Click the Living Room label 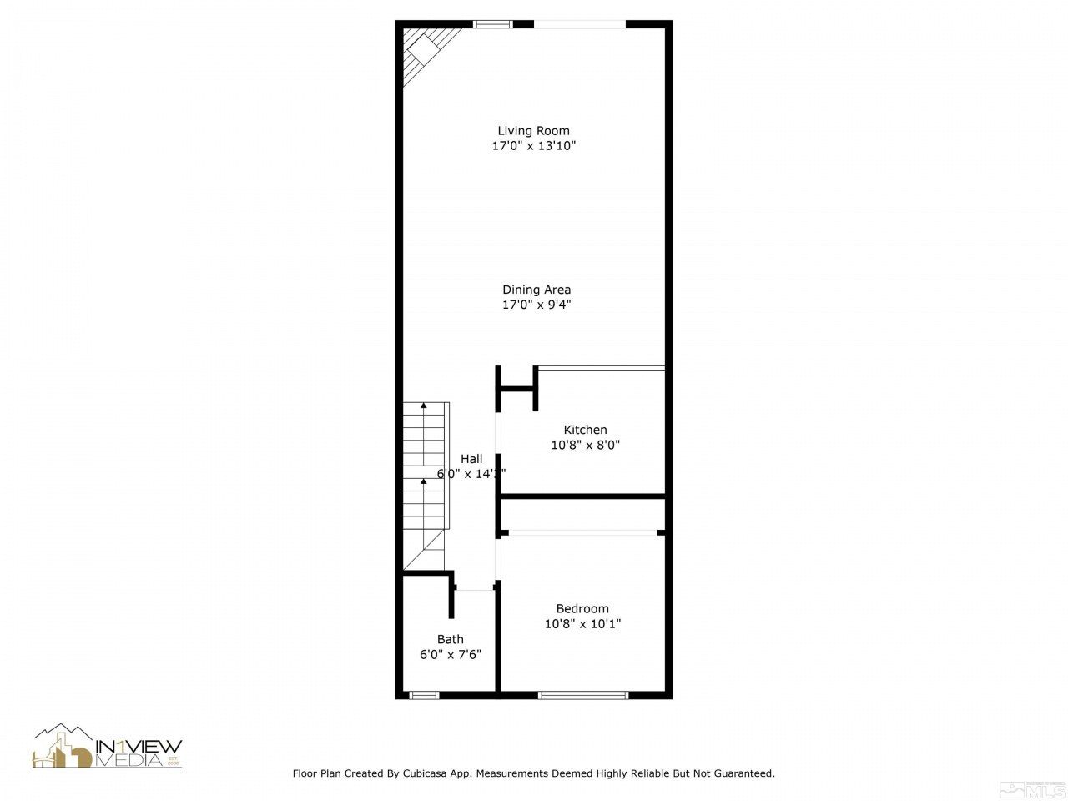(533, 130)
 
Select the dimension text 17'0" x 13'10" (533, 146)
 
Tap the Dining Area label (536, 290)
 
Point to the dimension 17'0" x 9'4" (536, 305)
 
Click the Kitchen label (585, 430)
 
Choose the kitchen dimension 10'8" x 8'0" (585, 445)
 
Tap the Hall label (471, 459)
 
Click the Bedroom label (582, 608)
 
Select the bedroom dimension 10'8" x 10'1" (582, 623)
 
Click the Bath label (450, 639)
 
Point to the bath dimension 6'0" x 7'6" (450, 655)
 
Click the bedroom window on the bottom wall (582, 694)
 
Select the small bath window (423, 694)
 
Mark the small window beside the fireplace (492, 24)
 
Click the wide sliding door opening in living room (579, 24)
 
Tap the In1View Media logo (107, 747)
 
